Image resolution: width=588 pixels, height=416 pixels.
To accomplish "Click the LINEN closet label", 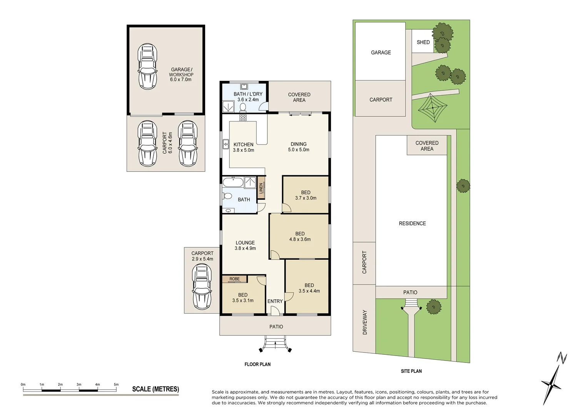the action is pos(261,188).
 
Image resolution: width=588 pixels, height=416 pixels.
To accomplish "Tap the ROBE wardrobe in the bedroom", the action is pos(234,279).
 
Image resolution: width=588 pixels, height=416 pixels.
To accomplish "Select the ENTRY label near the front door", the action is pos(275,301).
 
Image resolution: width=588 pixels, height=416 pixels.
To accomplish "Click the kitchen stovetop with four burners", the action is pos(243,117).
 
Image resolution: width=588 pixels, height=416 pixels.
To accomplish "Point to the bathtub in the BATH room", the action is pos(233,182).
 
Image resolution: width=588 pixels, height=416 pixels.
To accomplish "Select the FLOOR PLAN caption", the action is pos(257,364).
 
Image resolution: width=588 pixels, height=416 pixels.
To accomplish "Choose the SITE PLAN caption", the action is pos(411,371).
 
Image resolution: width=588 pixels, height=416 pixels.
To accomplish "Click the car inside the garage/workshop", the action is pos(147,67).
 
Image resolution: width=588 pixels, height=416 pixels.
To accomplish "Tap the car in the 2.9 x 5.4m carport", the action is pos(202,287).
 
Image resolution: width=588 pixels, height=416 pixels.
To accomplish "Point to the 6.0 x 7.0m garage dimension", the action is pos(180,79).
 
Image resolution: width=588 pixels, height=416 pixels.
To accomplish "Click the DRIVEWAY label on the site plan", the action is pos(365,322).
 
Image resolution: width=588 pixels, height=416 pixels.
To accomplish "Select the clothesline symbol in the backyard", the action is pos(432,108).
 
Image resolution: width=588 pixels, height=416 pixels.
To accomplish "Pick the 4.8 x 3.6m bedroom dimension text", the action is pos(300,239).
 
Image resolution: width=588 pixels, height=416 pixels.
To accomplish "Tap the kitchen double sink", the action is pos(226,144).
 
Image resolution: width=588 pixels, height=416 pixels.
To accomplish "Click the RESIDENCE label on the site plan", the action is pos(413,223).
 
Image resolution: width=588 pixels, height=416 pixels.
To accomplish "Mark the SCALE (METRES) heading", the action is pos(156,389).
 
